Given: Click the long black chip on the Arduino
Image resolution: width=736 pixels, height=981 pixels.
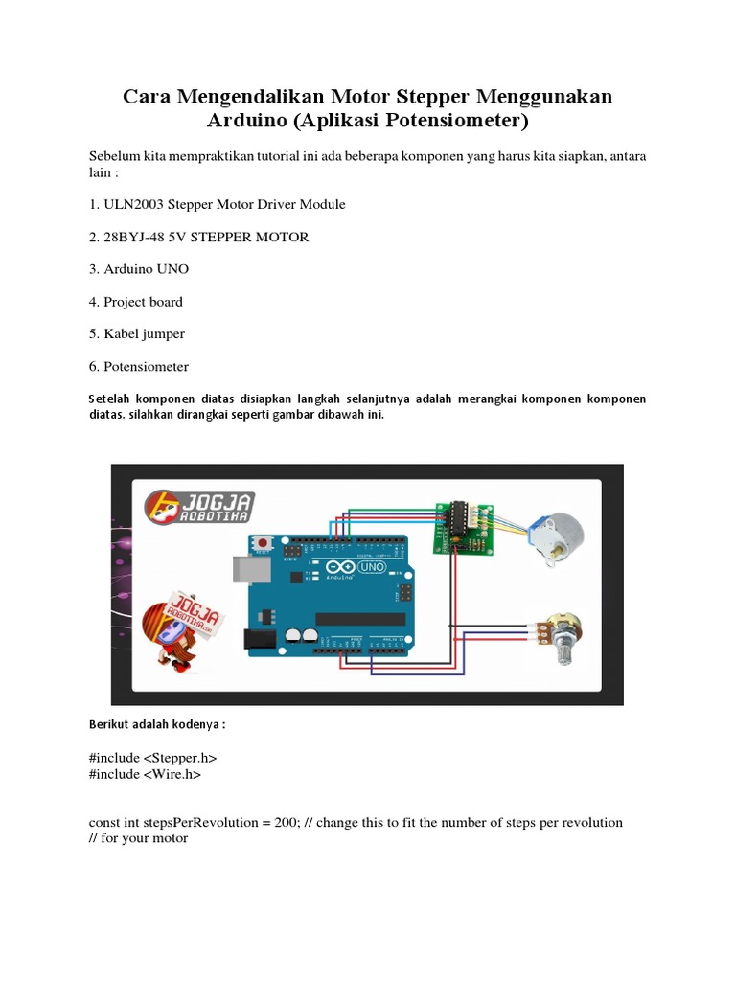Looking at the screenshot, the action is pos(360,618).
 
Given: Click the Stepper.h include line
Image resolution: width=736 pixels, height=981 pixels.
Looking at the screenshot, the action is pos(159,758).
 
